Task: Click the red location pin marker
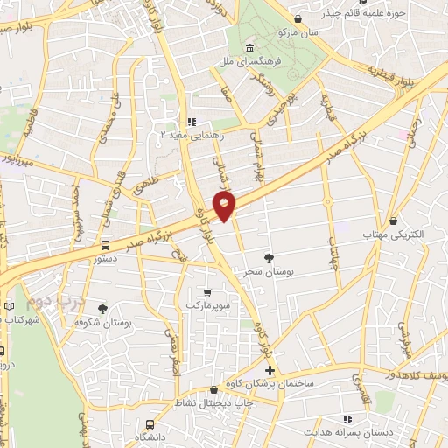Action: pos(226,206)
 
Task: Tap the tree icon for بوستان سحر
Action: pos(269,257)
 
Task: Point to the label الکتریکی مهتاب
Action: pos(391,234)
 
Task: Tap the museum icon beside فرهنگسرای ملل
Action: pos(251,48)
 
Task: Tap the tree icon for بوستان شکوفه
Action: pos(102,309)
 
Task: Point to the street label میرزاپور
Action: pos(19,162)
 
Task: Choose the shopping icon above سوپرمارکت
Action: pos(206,292)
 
